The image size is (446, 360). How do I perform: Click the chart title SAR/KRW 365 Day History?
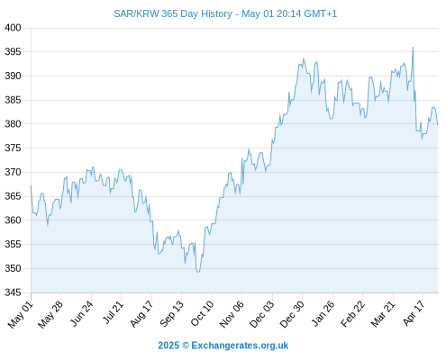173,13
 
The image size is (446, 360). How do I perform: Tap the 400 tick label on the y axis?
13,28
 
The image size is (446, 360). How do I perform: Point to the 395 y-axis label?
13,52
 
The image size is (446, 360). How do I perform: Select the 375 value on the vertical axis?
13,148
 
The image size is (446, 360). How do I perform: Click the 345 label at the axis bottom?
13,292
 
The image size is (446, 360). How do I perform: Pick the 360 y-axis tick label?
13,220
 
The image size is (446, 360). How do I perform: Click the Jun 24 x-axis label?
82,313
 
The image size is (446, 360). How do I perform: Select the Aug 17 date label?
141,313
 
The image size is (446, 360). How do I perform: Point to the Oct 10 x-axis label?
202,313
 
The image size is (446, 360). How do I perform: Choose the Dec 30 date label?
292,314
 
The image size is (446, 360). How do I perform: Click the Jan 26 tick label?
323,313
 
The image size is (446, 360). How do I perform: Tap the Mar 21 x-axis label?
383,313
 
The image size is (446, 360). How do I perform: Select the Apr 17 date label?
414,313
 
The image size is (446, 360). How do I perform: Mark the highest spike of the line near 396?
413,47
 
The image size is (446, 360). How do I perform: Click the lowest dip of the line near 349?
198,272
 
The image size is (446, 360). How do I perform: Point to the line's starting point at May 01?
31,185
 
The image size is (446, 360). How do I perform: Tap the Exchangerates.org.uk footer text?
240,346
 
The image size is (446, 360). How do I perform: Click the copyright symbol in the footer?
186,346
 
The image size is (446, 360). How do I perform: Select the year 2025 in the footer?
168,346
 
